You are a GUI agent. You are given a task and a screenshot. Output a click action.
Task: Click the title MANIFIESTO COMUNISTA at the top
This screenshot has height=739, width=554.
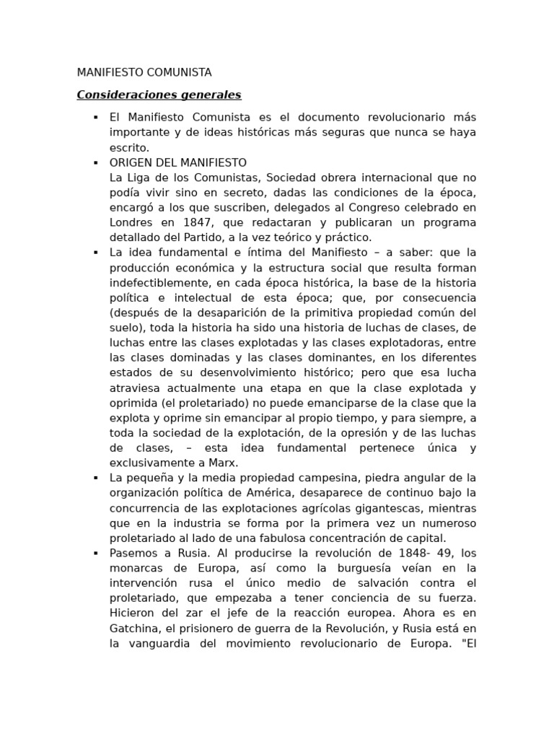(x=144, y=72)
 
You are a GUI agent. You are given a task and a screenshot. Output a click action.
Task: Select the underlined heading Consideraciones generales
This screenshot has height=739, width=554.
(x=159, y=95)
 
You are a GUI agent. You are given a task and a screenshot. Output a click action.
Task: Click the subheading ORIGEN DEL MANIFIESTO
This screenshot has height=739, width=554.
(x=177, y=162)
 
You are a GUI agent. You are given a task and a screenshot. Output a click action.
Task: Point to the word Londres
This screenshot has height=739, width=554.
(x=131, y=222)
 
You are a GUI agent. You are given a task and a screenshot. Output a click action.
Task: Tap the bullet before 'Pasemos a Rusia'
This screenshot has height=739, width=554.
(x=95, y=553)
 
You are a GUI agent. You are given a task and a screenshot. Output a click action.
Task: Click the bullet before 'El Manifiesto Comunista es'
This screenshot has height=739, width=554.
(x=95, y=117)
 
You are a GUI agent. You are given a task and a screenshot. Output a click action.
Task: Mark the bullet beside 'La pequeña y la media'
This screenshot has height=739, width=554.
(x=95, y=478)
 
